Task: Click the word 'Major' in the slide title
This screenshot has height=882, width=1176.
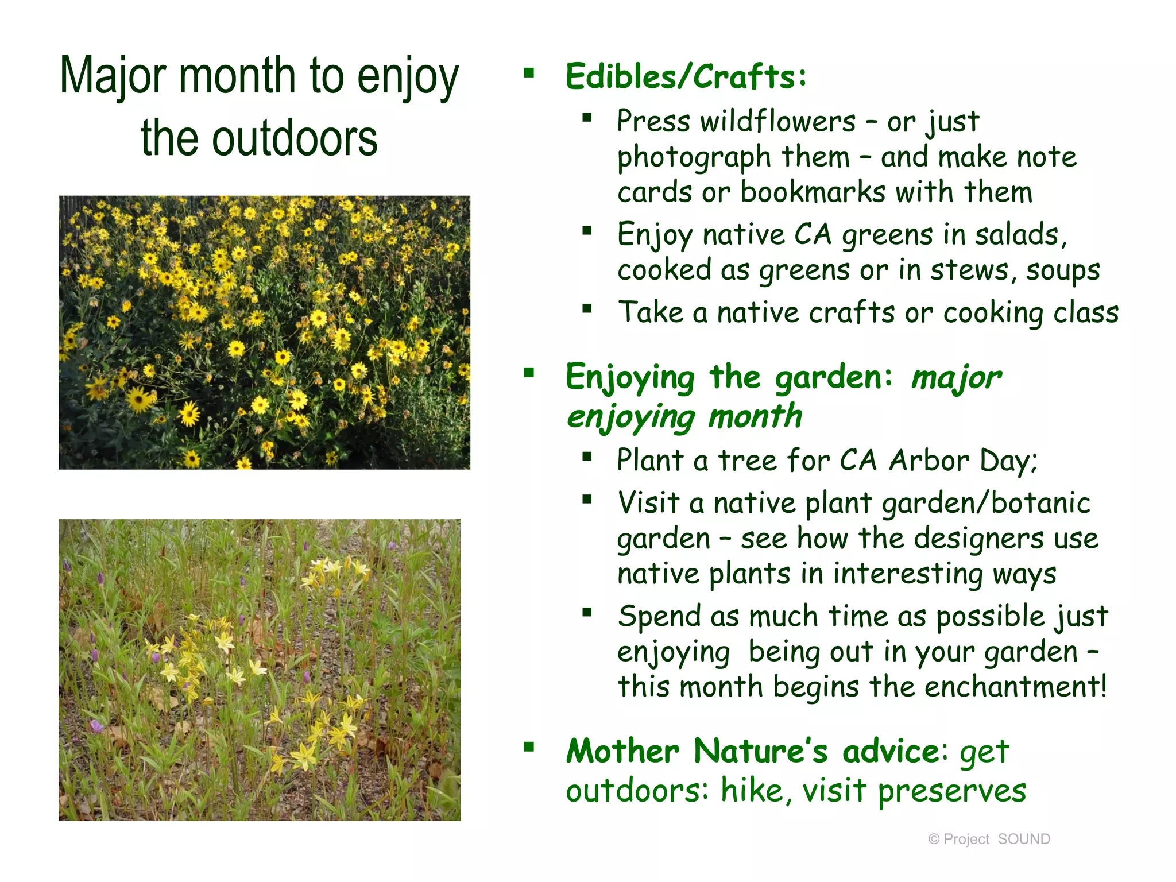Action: pyautogui.click(x=113, y=76)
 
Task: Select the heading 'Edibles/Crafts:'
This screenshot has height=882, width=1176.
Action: pyautogui.click(x=686, y=76)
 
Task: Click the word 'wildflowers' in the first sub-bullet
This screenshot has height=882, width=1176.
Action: pyautogui.click(x=777, y=122)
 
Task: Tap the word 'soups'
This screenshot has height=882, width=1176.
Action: pyautogui.click(x=1062, y=270)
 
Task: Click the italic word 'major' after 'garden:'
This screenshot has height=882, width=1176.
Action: pyautogui.click(x=955, y=378)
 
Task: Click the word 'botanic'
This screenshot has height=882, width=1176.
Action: pyautogui.click(x=1040, y=503)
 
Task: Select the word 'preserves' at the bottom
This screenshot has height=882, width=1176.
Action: pyautogui.click(x=951, y=791)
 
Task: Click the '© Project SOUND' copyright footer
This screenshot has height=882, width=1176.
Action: pyautogui.click(x=989, y=839)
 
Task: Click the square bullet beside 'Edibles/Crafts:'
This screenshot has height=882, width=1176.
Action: pyautogui.click(x=529, y=73)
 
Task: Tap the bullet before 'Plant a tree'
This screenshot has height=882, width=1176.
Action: pyautogui.click(x=586, y=457)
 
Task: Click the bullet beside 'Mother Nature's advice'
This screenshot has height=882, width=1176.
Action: pyautogui.click(x=529, y=747)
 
